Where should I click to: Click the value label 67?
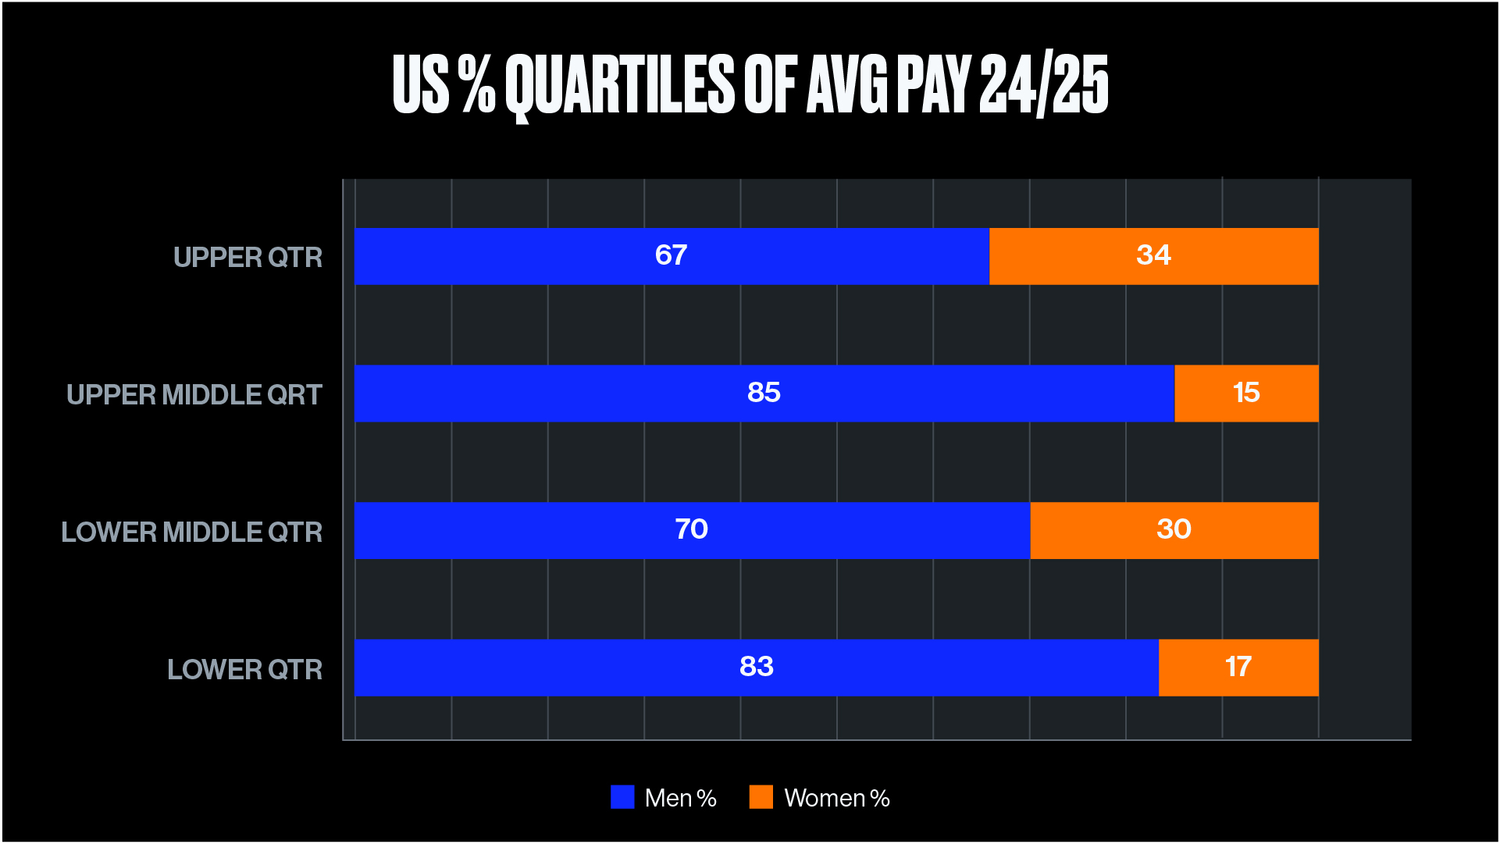coord(671,255)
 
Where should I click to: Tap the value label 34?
coord(1153,255)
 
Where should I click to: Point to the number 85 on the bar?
coord(764,393)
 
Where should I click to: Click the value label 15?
coord(1246,393)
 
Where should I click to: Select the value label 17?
coord(1238,667)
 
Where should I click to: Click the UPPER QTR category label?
coord(248,258)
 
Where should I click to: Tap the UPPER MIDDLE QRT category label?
coord(194,395)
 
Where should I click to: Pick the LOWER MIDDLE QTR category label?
coord(191,532)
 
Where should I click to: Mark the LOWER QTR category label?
coord(244,670)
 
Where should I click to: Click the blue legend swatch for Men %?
coord(622,797)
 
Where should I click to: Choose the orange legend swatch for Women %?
coord(761,797)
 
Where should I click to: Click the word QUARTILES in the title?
coord(619,84)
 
